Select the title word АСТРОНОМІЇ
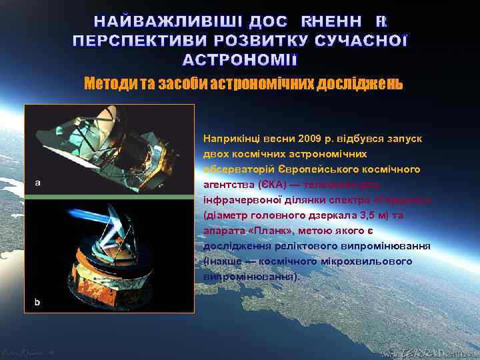tap(240, 59)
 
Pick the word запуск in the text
tap(406, 138)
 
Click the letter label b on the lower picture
tap(37, 302)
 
